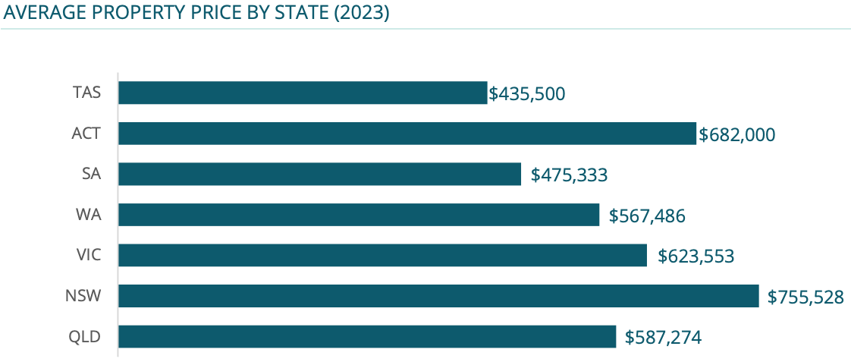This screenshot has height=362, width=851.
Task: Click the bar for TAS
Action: (x=303, y=93)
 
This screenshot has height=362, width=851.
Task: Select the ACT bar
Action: (x=407, y=134)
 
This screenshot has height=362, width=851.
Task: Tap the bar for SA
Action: (x=319, y=175)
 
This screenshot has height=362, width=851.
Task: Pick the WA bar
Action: (x=359, y=215)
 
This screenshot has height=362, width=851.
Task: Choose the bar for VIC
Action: (x=382, y=256)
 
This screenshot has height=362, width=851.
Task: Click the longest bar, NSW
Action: (x=438, y=296)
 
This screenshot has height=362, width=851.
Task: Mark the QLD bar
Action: (x=367, y=337)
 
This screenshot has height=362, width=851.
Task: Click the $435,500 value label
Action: (x=527, y=94)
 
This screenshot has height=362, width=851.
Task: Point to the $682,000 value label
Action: (x=736, y=135)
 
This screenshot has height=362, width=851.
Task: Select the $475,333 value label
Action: (x=569, y=175)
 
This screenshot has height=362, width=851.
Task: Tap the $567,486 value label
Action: (x=647, y=216)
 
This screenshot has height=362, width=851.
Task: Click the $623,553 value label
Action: (x=696, y=257)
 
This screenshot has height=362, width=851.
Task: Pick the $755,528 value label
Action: (x=805, y=297)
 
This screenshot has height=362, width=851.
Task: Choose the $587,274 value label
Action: (x=663, y=338)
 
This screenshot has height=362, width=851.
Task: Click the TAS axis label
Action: (x=86, y=93)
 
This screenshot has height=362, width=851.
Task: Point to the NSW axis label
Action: (x=83, y=296)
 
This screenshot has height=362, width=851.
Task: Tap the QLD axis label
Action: (x=85, y=337)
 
